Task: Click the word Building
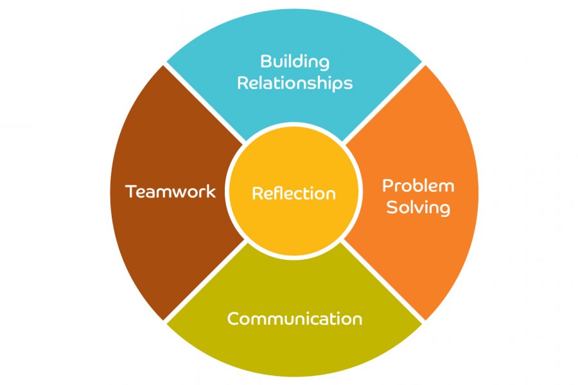click(x=295, y=62)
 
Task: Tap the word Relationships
click(x=295, y=83)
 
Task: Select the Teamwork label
click(x=170, y=191)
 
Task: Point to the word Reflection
click(x=293, y=193)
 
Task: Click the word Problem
click(x=418, y=186)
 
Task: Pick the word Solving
click(x=418, y=208)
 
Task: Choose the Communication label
click(x=295, y=319)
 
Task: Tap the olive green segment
click(x=295, y=350)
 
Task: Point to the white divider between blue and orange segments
click(x=383, y=103)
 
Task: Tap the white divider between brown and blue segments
click(x=206, y=103)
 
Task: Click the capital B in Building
click(x=265, y=62)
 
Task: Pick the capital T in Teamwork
click(x=131, y=191)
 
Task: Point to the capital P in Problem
click(x=387, y=186)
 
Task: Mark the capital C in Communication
click(x=234, y=319)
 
